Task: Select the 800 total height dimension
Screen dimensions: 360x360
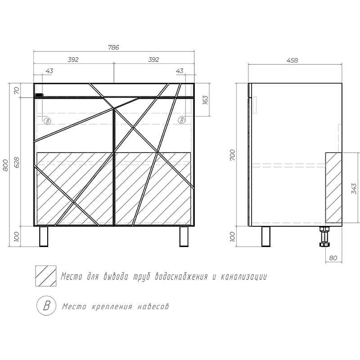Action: [6, 165]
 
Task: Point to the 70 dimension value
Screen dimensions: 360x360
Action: [17, 90]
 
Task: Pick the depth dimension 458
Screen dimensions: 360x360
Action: [292, 60]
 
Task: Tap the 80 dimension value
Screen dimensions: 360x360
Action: [333, 258]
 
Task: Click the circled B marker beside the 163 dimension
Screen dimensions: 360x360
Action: [182, 120]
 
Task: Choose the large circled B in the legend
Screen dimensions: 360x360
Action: [45, 306]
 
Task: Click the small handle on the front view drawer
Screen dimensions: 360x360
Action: [39, 95]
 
